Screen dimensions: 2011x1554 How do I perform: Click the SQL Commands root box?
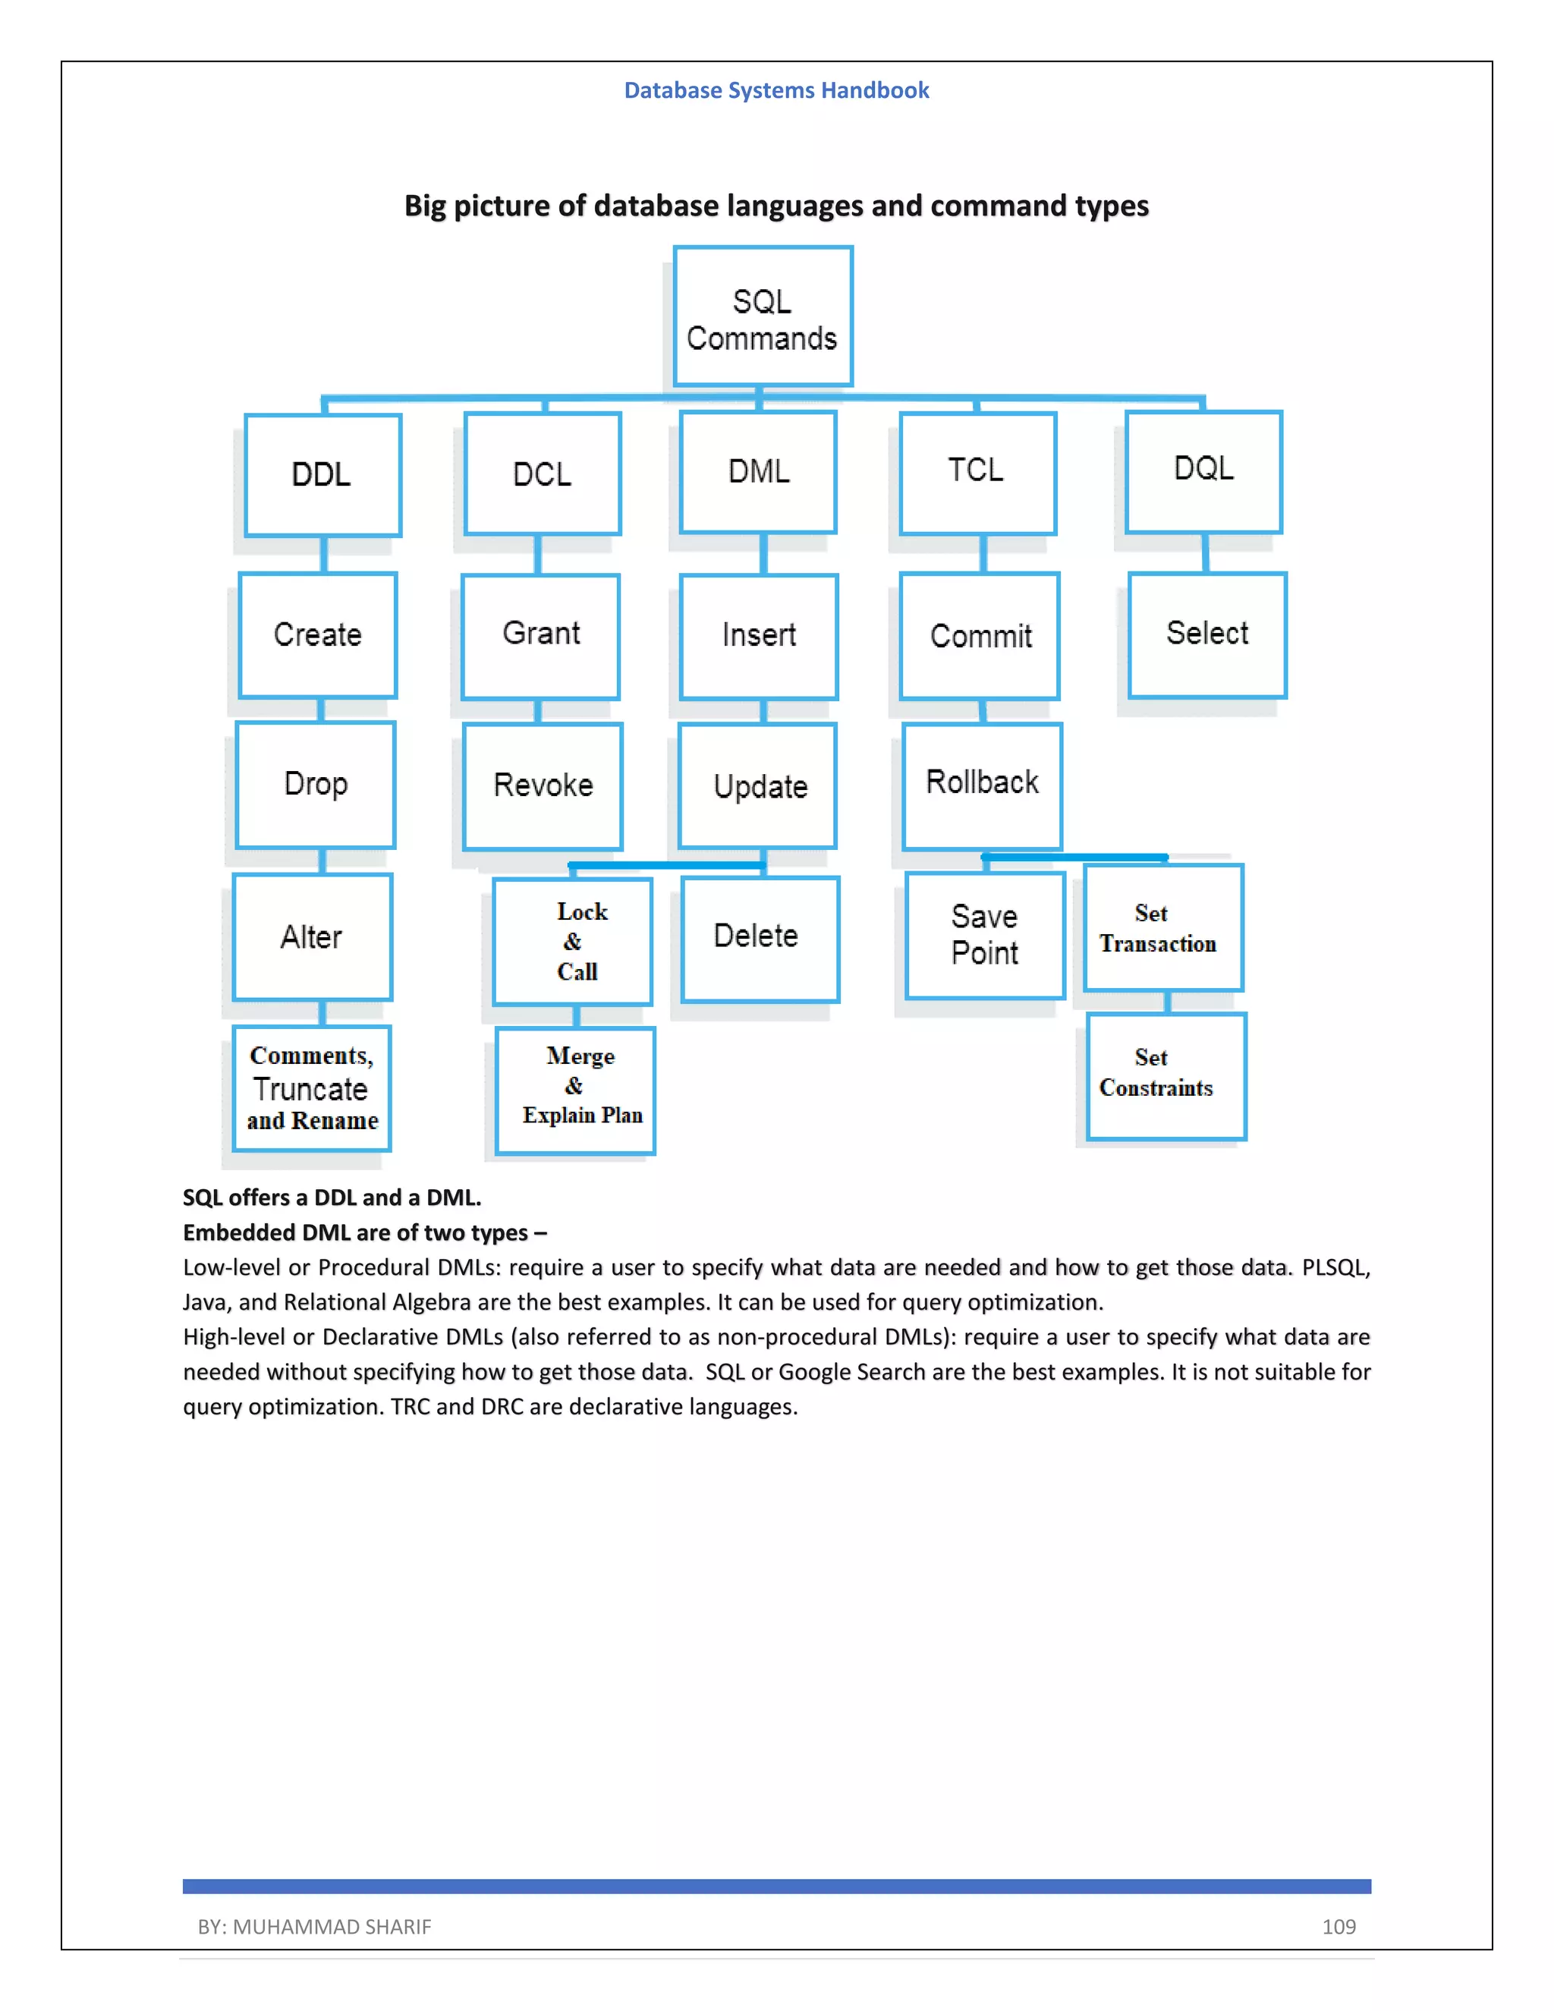coord(763,316)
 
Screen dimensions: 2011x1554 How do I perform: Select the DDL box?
coord(322,474)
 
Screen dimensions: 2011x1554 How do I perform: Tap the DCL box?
coord(543,474)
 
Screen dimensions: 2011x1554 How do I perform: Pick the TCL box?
coord(977,472)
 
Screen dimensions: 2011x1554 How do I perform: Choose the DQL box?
coord(1203,470)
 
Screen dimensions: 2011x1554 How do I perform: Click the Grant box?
coord(540,635)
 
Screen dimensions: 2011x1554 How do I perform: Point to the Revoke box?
coord(543,785)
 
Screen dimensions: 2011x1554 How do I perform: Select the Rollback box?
coord(983,785)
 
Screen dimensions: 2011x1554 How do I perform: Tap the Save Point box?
coord(984,935)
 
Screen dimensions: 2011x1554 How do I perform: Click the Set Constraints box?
coord(1165,1075)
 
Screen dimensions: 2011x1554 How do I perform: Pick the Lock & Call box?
coord(573,941)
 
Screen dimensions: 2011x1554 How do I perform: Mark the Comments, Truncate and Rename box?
coord(312,1088)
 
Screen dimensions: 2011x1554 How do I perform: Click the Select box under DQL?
coord(1207,634)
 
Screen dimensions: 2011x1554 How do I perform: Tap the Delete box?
coord(760,938)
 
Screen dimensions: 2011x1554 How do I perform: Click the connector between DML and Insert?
coord(763,553)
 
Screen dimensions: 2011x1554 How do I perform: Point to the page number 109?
coord(1338,1926)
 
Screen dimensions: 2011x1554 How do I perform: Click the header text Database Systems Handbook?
coord(776,90)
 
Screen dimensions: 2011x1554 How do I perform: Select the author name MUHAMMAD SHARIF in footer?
coord(332,1926)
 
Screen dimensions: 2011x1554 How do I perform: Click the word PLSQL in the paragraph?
coord(1334,1268)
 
